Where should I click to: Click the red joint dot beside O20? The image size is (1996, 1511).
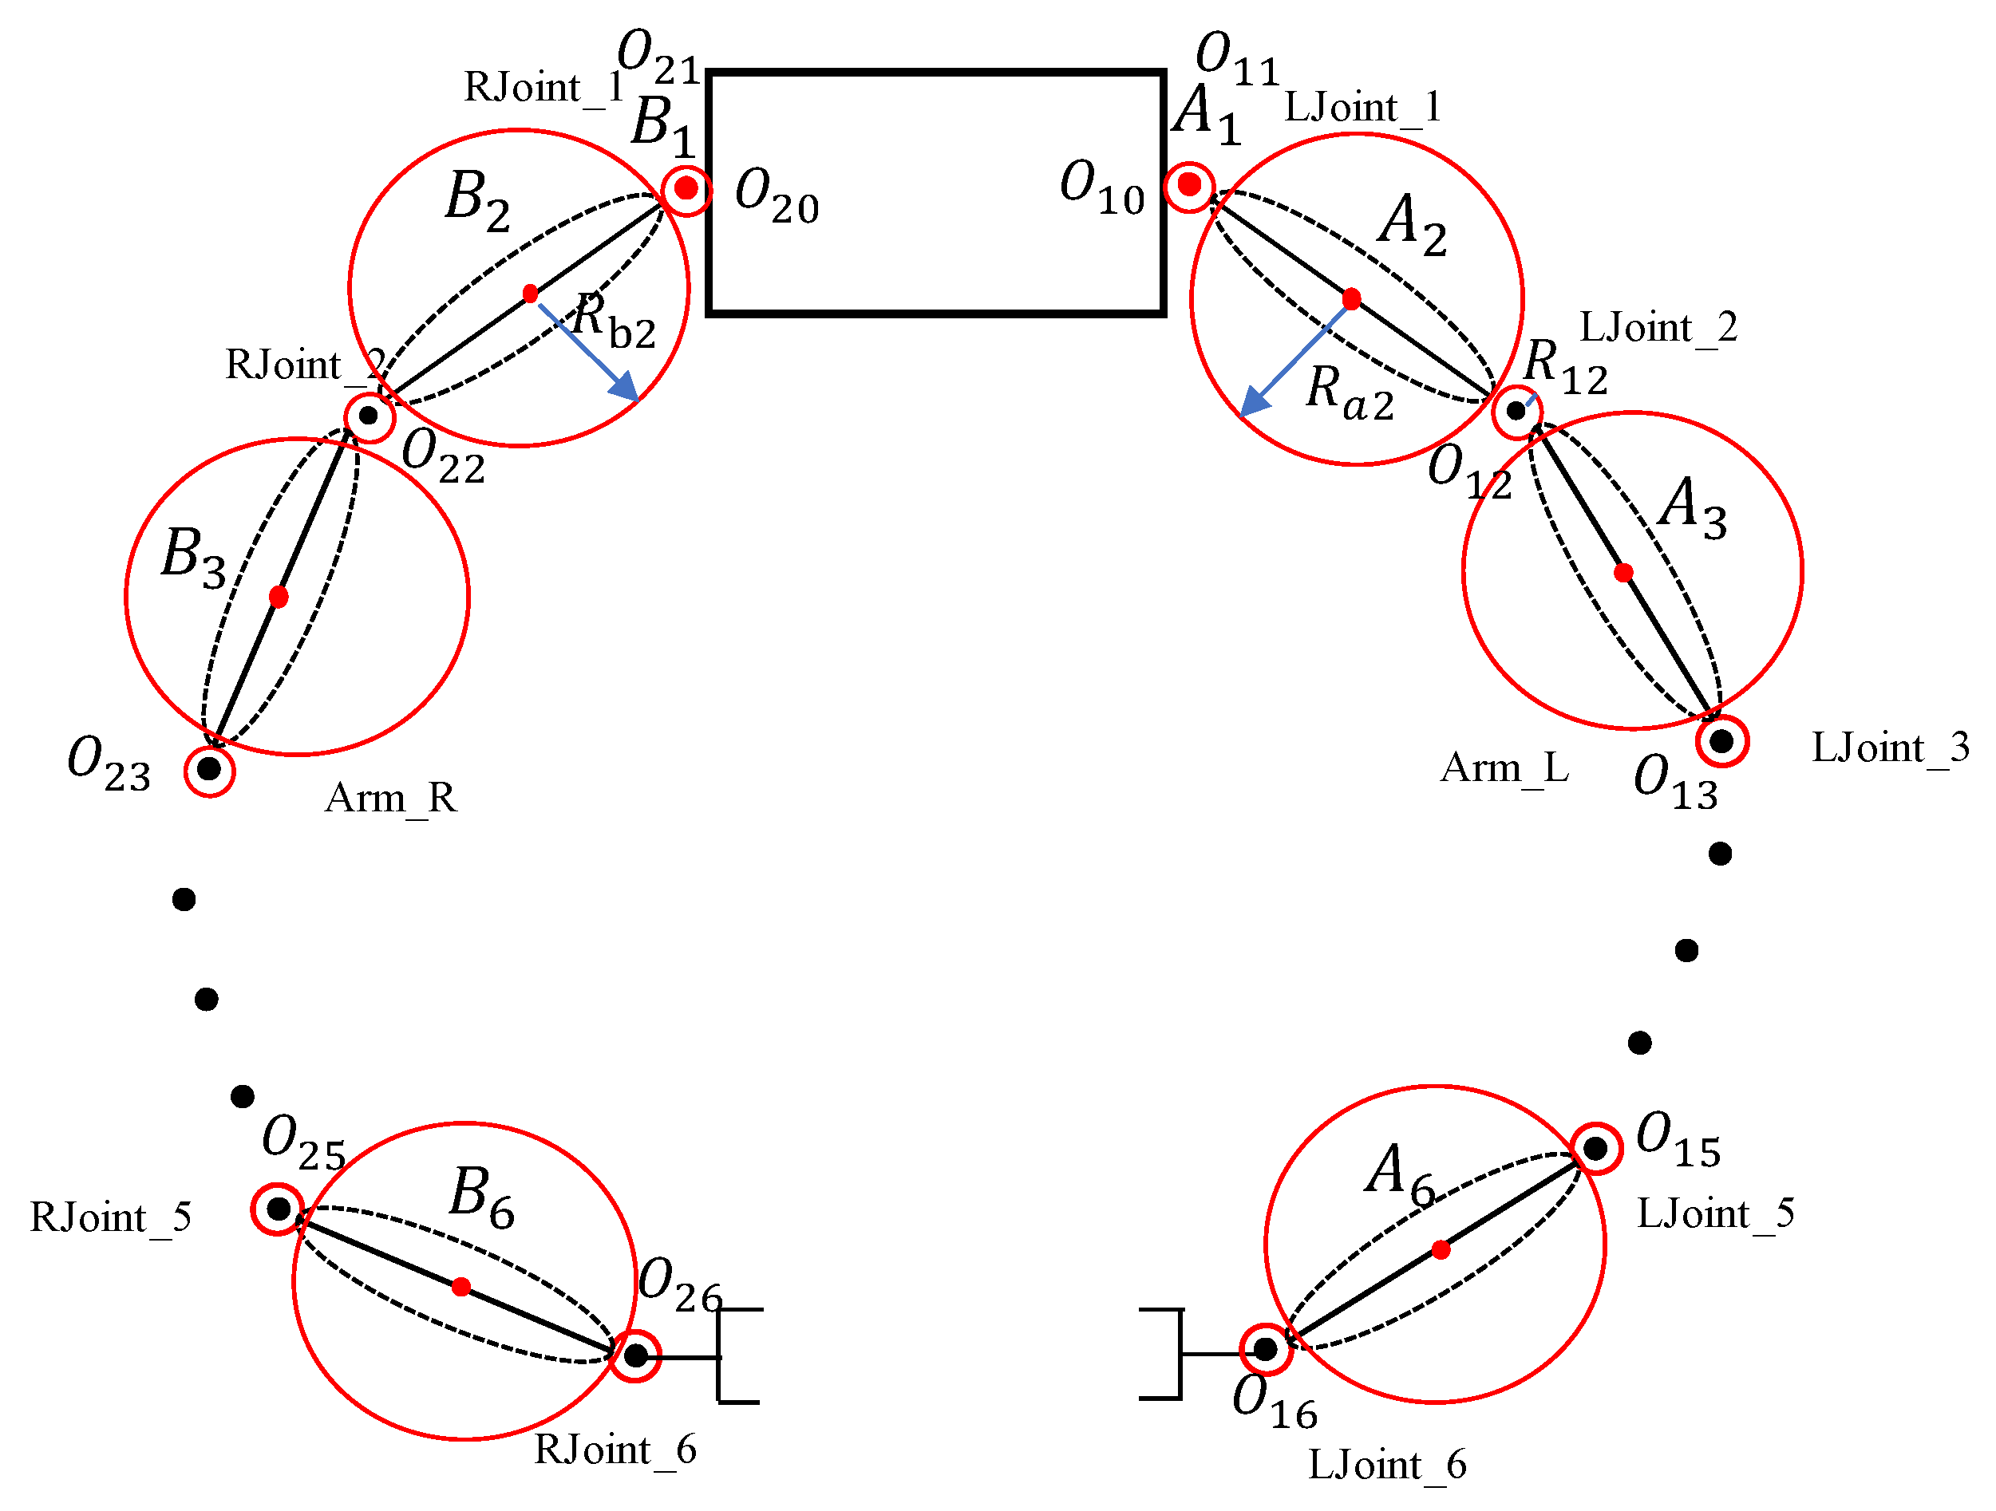[x=686, y=188]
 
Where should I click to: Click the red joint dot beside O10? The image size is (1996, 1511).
[x=1189, y=185]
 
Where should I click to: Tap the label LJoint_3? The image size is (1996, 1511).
[x=1890, y=748]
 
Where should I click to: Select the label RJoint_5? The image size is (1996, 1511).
[x=110, y=1218]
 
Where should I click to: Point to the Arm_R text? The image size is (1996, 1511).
[x=391, y=799]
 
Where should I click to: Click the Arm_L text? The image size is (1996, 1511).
[x=1504, y=768]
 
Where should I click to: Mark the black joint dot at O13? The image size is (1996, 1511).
[x=1721, y=741]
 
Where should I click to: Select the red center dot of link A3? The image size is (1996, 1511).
[x=1623, y=573]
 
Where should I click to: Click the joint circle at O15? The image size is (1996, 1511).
[x=1596, y=1148]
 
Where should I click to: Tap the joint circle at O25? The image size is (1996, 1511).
[x=278, y=1208]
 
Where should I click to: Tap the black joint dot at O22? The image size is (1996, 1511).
[x=368, y=416]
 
